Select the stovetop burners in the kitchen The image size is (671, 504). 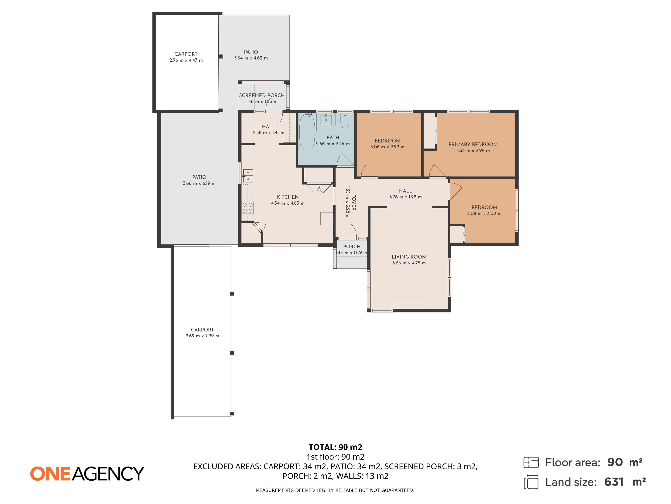248,208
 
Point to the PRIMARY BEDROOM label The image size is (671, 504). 473,144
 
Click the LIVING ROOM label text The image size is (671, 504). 409,257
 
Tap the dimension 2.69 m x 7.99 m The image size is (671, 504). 202,336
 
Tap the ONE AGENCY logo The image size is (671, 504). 87,474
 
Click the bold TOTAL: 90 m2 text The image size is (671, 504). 335,447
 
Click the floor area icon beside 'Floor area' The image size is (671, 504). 531,462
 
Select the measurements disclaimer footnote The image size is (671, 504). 335,490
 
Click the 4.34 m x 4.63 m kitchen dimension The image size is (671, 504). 288,203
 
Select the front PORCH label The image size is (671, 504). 352,246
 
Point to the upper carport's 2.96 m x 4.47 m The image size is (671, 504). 186,60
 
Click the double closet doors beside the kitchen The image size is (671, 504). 319,188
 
